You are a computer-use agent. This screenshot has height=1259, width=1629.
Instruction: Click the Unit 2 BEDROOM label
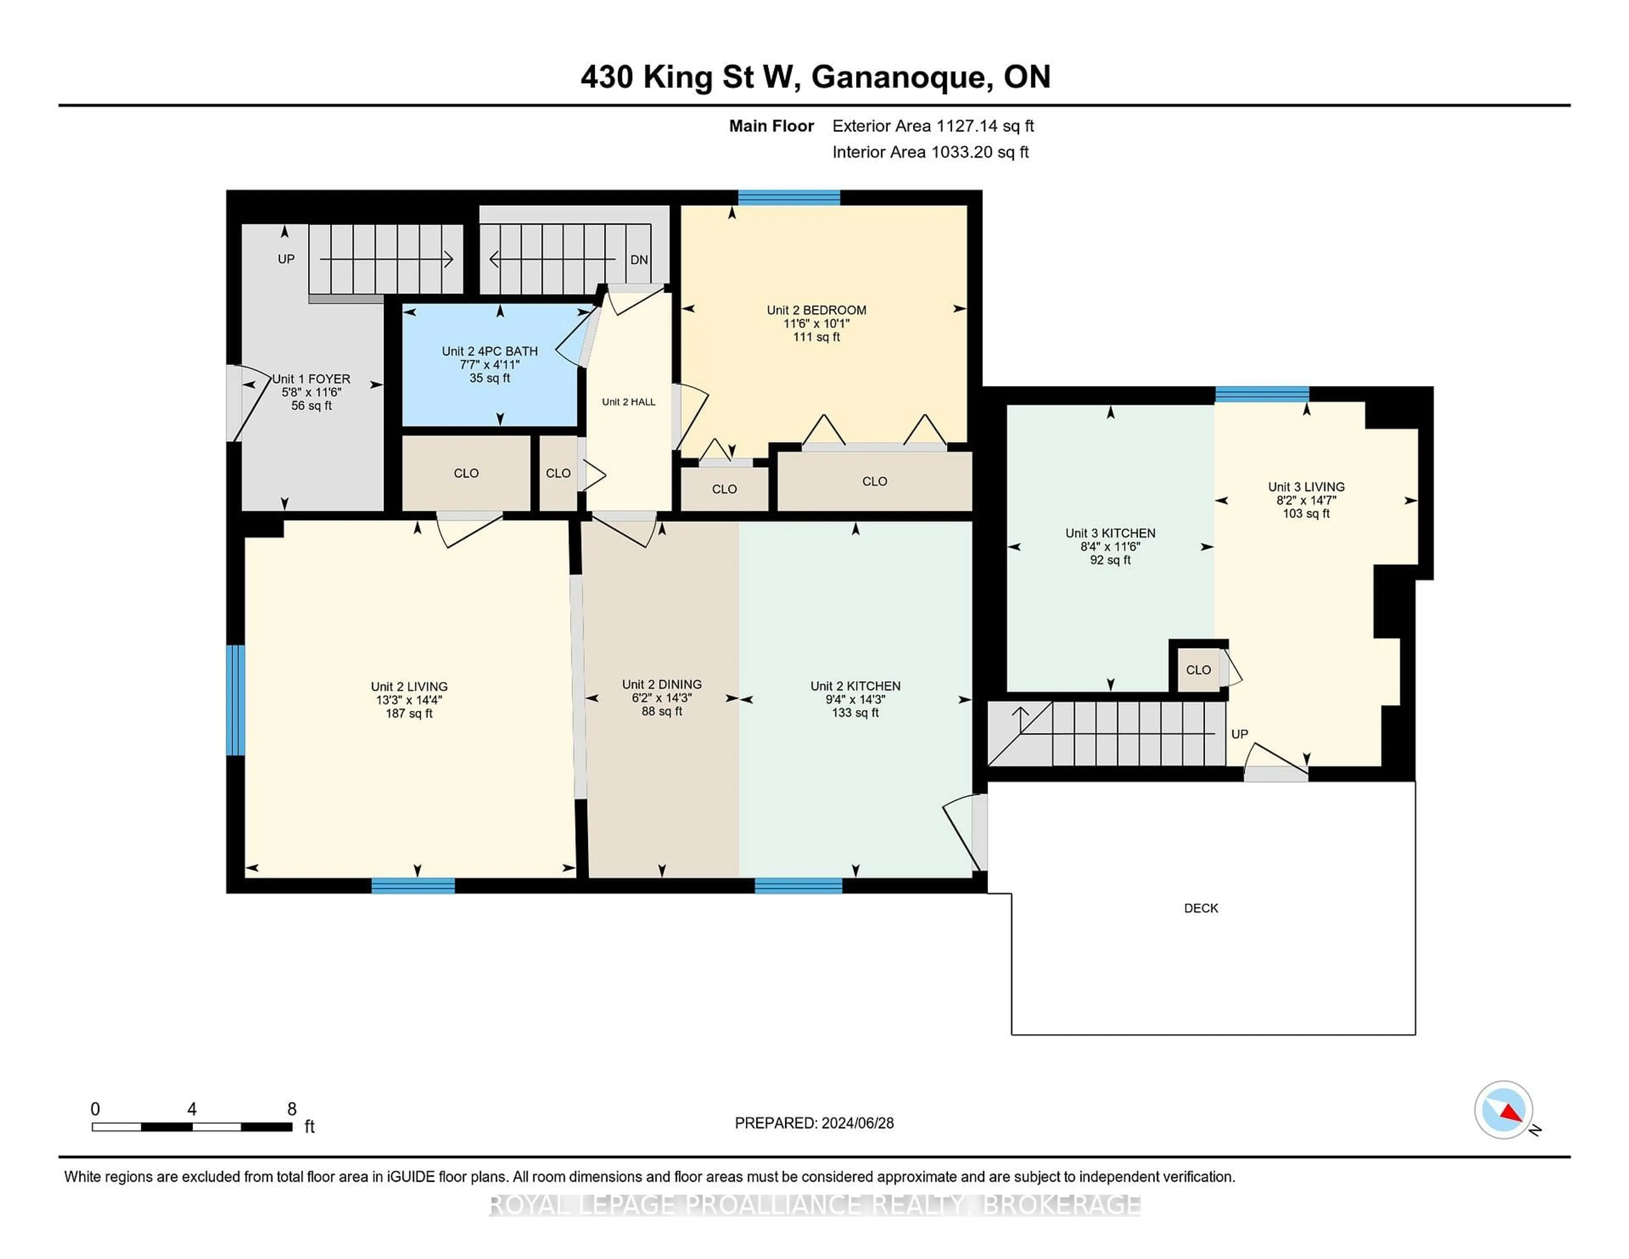[816, 310]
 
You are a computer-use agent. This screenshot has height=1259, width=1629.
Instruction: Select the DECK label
[1201, 908]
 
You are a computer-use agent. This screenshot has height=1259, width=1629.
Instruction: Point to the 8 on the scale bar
[291, 1109]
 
